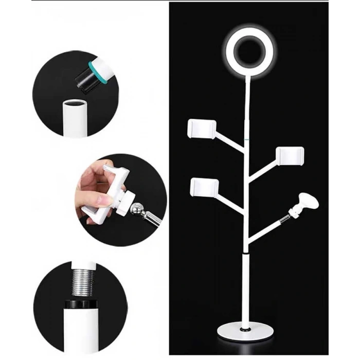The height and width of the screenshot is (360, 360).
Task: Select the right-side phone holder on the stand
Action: click(x=290, y=155)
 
